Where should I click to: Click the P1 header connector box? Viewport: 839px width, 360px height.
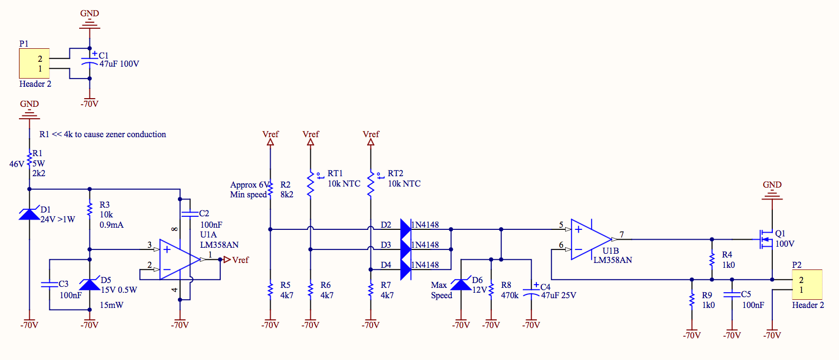(x=34, y=63)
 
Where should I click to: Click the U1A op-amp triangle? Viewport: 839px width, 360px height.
(x=179, y=260)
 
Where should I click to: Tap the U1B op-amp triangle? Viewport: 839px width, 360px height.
(x=591, y=239)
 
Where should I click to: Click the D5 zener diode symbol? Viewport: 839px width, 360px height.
(x=89, y=284)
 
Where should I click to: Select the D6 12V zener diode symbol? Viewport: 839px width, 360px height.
(x=460, y=284)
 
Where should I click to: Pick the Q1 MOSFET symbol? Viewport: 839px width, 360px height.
(x=766, y=239)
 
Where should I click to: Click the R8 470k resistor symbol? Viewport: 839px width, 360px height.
(x=491, y=290)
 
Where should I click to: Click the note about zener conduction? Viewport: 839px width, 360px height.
(x=103, y=134)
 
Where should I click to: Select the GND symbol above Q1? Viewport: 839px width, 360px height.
(x=772, y=190)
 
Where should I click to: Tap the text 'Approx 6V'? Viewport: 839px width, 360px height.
(x=249, y=184)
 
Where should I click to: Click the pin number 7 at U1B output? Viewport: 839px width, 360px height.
(x=622, y=234)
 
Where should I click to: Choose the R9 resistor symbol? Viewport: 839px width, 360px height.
(x=691, y=300)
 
